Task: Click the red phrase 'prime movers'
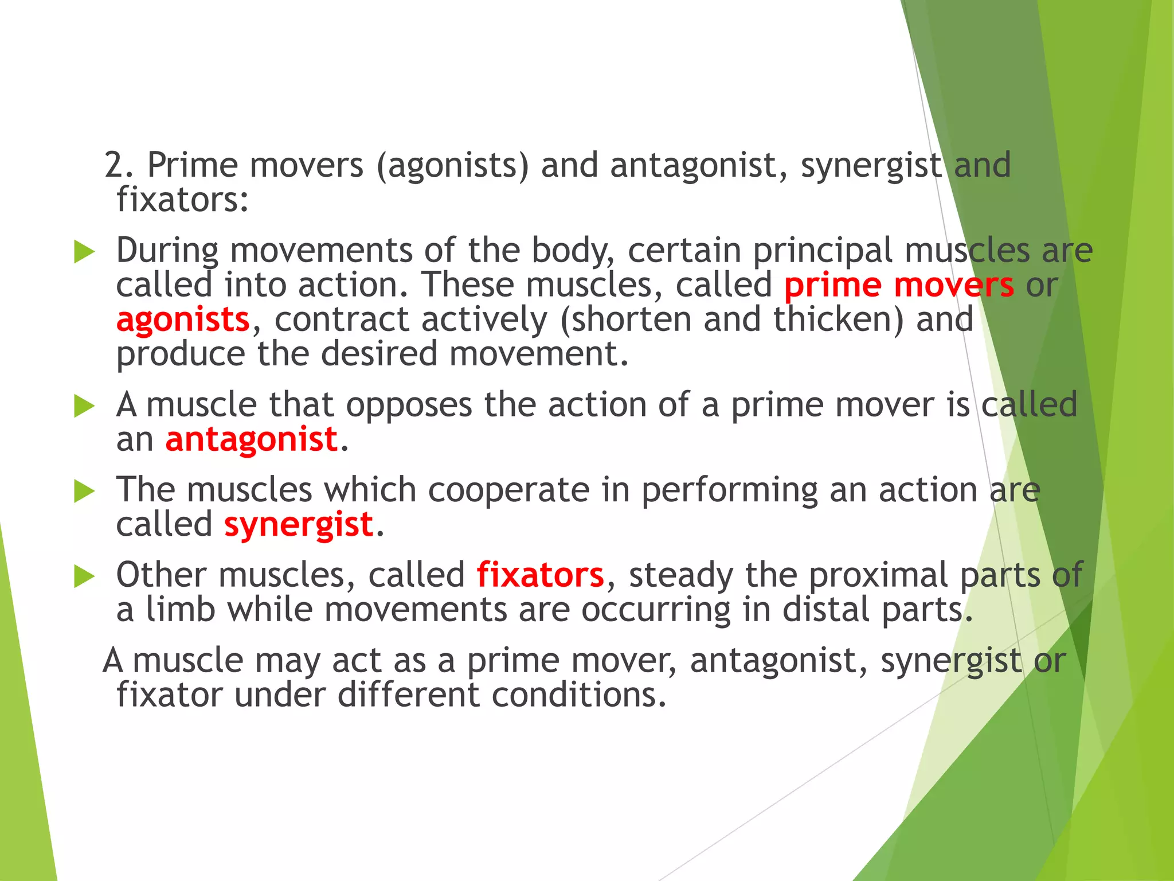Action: pyautogui.click(x=898, y=286)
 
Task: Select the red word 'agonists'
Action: pyautogui.click(x=183, y=320)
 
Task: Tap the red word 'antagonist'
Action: pyautogui.click(x=251, y=440)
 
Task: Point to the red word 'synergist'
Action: pyautogui.click(x=299, y=525)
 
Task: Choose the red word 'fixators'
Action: pyautogui.click(x=540, y=575)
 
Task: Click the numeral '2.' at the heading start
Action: pyautogui.click(x=119, y=166)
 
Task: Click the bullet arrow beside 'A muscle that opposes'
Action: pyautogui.click(x=84, y=406)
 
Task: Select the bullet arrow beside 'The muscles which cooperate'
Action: pyautogui.click(x=84, y=492)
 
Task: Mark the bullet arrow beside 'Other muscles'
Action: pyautogui.click(x=84, y=576)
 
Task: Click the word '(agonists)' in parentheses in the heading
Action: pyautogui.click(x=452, y=166)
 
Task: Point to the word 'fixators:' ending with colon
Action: pyautogui.click(x=182, y=200)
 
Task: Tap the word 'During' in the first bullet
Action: pyautogui.click(x=167, y=251)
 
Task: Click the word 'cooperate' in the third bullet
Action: pyautogui.click(x=508, y=490)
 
